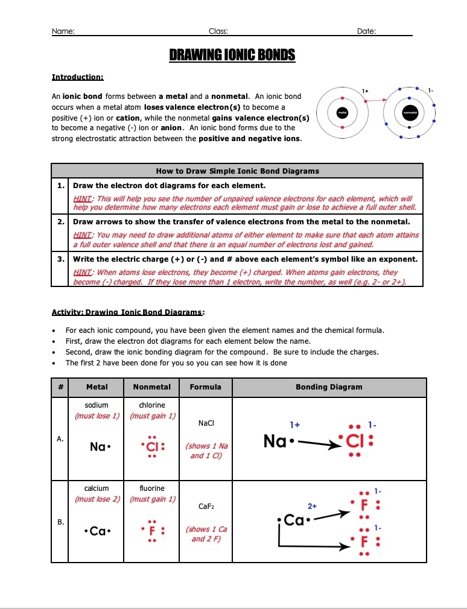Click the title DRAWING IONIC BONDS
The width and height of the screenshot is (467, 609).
click(x=232, y=56)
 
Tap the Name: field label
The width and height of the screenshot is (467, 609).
click(x=63, y=31)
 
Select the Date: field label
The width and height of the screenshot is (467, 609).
click(x=366, y=31)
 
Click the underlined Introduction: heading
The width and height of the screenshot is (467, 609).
click(x=78, y=77)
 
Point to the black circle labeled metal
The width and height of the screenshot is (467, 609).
click(x=342, y=112)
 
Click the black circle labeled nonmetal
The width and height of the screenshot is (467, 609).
click(x=410, y=112)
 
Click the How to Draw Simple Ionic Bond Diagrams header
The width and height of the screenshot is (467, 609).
click(x=237, y=171)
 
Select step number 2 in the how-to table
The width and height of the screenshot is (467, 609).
click(x=61, y=222)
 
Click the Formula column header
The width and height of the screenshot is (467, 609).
click(x=205, y=387)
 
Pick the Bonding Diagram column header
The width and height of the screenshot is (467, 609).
click(x=329, y=387)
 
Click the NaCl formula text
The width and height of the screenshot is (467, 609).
click(x=205, y=424)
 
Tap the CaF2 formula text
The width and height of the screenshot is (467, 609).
click(x=205, y=507)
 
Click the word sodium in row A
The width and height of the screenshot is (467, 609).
click(x=97, y=405)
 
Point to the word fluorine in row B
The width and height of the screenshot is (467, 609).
click(x=151, y=488)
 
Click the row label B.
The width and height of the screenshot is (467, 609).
click(x=59, y=522)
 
